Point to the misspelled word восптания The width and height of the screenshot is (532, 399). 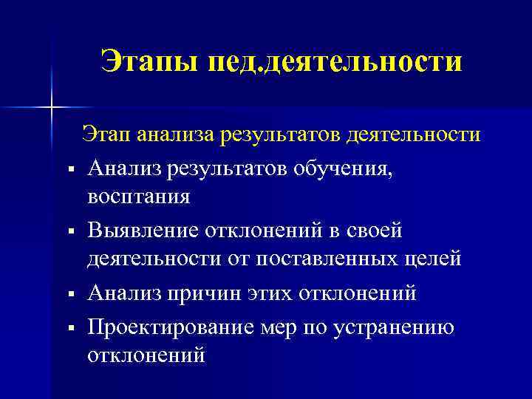coord(138,197)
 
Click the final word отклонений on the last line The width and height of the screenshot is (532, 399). coord(146,355)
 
